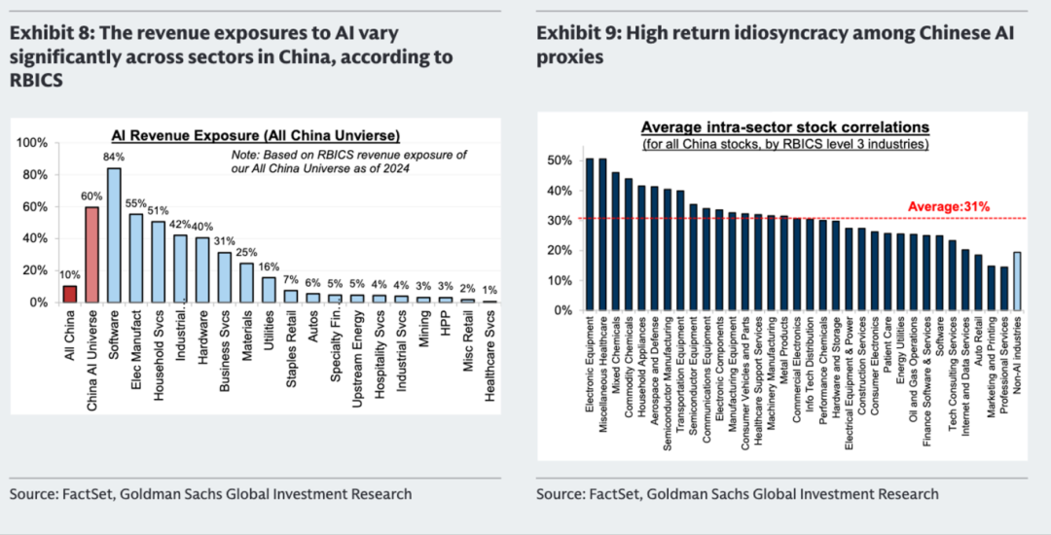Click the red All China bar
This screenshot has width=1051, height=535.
click(69, 294)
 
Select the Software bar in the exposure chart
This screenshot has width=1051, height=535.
click(114, 235)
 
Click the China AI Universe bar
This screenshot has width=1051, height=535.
click(92, 255)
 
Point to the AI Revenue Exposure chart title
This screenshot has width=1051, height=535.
click(256, 134)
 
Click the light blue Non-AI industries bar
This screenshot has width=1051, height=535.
click(1017, 281)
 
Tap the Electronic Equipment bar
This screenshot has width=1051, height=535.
click(590, 234)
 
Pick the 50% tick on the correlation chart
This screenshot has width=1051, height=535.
click(560, 160)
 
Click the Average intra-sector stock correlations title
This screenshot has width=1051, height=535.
click(784, 127)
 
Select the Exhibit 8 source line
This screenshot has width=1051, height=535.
click(210, 494)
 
